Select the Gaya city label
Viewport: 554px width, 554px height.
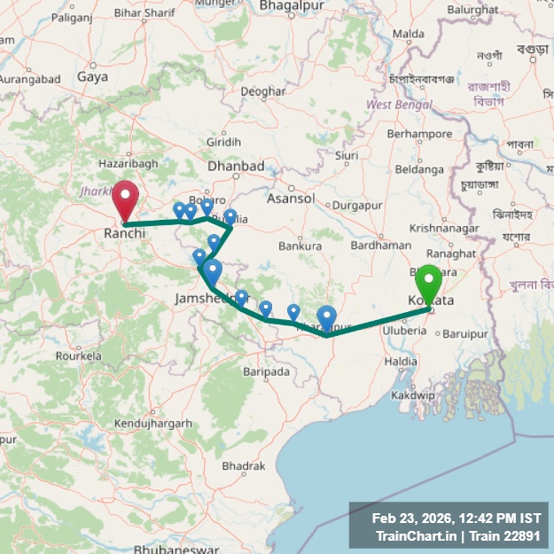pyautogui.click(x=92, y=77)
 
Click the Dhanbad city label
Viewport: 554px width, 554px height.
pyautogui.click(x=236, y=166)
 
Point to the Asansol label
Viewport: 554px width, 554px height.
pyautogui.click(x=291, y=198)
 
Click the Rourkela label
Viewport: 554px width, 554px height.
pyautogui.click(x=78, y=355)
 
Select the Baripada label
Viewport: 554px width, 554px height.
pyautogui.click(x=266, y=372)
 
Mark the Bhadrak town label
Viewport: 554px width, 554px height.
pyautogui.click(x=244, y=465)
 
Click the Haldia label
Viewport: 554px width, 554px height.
pyautogui.click(x=401, y=362)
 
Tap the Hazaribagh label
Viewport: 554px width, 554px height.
pyautogui.click(x=128, y=163)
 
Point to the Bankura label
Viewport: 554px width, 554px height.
pyautogui.click(x=300, y=246)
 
